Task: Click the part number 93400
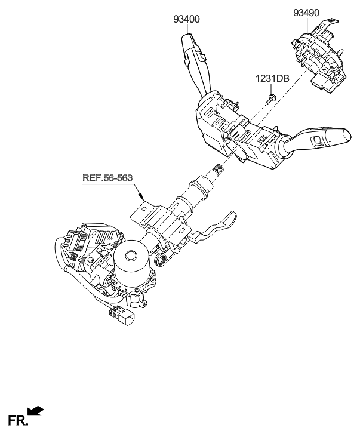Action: coord(187,20)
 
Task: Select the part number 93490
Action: coord(307,11)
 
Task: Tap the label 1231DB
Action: coord(272,78)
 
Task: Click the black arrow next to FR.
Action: coord(36,411)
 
